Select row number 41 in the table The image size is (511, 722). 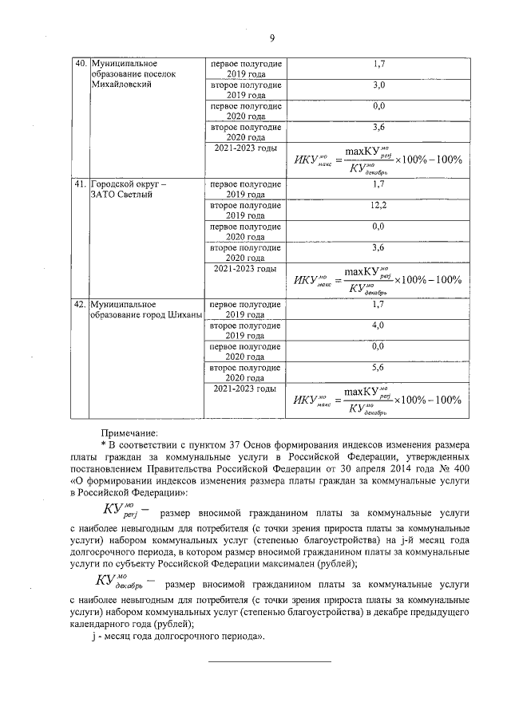(80, 184)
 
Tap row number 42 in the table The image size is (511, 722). (80, 304)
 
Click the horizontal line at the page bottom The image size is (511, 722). (270, 661)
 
